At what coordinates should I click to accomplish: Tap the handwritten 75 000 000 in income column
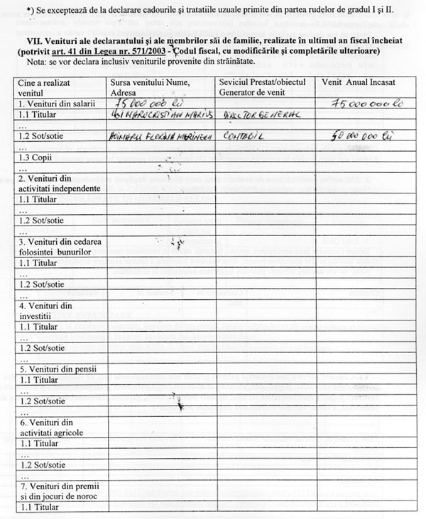(364, 104)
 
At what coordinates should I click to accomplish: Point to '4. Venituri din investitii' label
(45, 311)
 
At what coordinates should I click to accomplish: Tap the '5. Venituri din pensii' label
(48, 369)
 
